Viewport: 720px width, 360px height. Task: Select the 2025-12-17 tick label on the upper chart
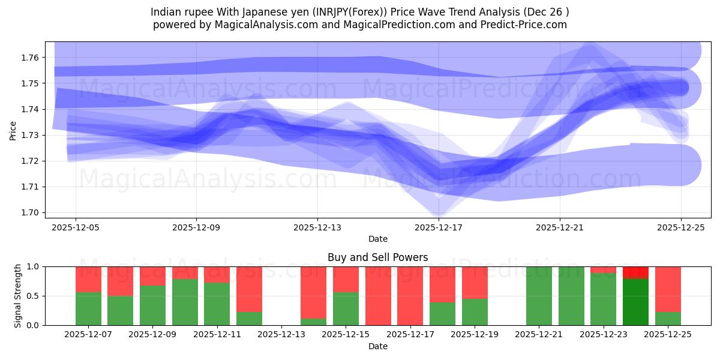pyautogui.click(x=439, y=227)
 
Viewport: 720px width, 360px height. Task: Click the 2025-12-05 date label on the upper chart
pyautogui.click(x=76, y=227)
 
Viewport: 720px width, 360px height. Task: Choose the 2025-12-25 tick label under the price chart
pyautogui.click(x=681, y=227)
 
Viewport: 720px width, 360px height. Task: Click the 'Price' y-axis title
pyautogui.click(x=13, y=130)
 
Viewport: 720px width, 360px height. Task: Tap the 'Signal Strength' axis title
pyautogui.click(x=18, y=296)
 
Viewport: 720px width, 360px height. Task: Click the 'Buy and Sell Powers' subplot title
pyautogui.click(x=378, y=257)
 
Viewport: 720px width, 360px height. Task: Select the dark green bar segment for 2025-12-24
pyautogui.click(x=635, y=302)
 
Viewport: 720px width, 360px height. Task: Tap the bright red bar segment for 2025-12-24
pyautogui.click(x=635, y=272)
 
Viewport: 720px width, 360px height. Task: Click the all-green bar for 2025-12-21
pyautogui.click(x=539, y=296)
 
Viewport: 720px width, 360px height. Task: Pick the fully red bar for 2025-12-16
pyautogui.click(x=378, y=296)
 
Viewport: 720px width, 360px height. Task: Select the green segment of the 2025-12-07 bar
pyautogui.click(x=88, y=308)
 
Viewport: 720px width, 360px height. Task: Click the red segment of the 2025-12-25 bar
pyautogui.click(x=668, y=289)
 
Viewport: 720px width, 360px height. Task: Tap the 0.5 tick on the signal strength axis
pyautogui.click(x=34, y=296)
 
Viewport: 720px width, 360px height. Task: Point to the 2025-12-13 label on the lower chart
pyautogui.click(x=281, y=334)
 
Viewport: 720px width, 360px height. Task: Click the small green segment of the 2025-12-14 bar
pyautogui.click(x=313, y=322)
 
